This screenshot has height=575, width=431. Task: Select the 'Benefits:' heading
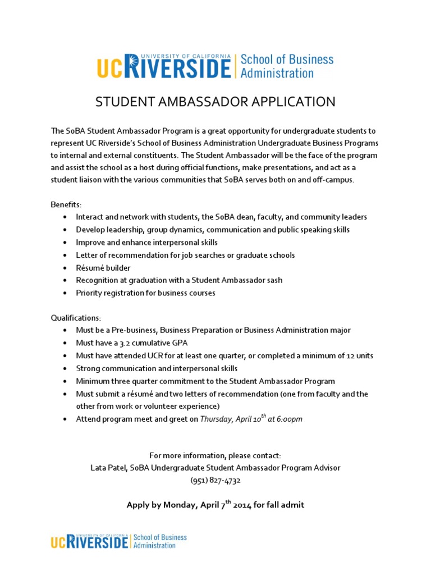pos(66,204)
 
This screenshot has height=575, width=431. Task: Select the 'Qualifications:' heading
pos(76,318)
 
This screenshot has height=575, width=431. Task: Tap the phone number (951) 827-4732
pos(215,480)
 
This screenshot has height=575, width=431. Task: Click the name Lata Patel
pos(108,467)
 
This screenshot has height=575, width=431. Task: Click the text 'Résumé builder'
pos(103,268)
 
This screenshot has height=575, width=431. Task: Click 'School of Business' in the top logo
pos(287,60)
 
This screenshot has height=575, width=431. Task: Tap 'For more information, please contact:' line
pos(215,455)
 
